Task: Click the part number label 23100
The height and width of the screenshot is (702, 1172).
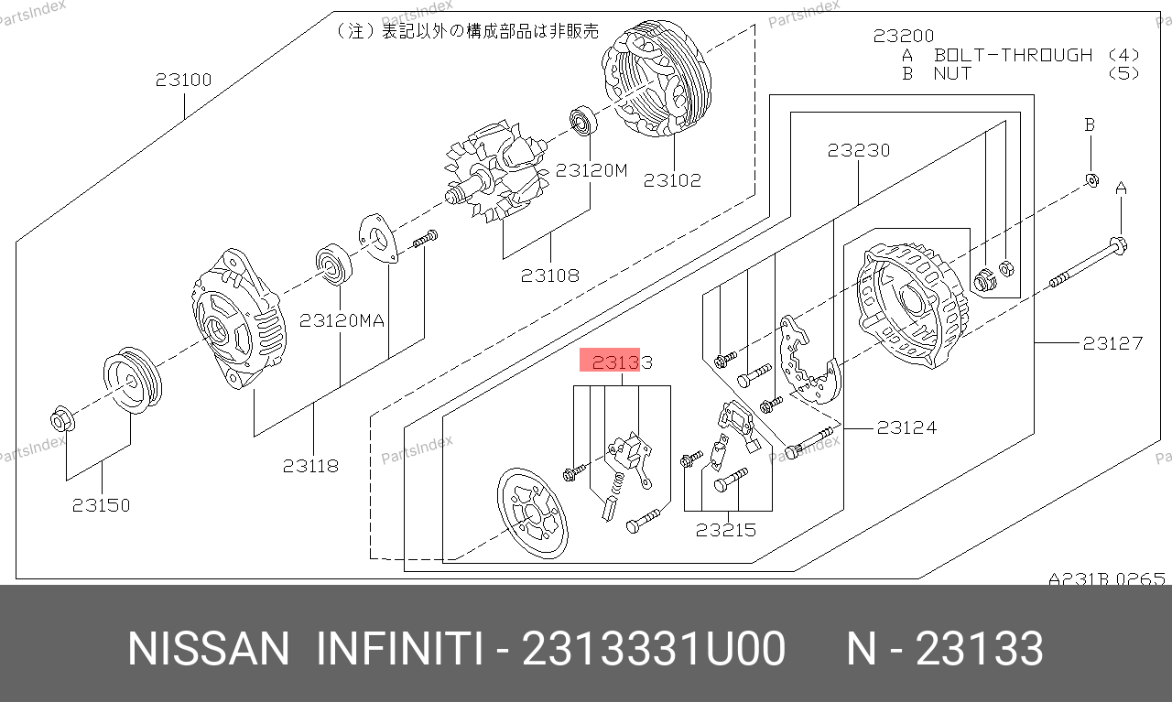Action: [184, 80]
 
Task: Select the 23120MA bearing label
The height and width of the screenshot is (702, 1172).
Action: [342, 320]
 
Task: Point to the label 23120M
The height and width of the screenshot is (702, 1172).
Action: [591, 170]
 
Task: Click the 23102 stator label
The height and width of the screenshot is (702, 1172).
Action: [672, 180]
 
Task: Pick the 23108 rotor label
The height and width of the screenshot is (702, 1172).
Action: [550, 275]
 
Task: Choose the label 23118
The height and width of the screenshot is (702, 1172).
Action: [310, 466]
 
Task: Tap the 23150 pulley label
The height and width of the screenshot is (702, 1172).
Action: [101, 505]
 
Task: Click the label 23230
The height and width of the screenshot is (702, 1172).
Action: [859, 151]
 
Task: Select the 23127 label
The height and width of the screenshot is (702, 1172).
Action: [1112, 343]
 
